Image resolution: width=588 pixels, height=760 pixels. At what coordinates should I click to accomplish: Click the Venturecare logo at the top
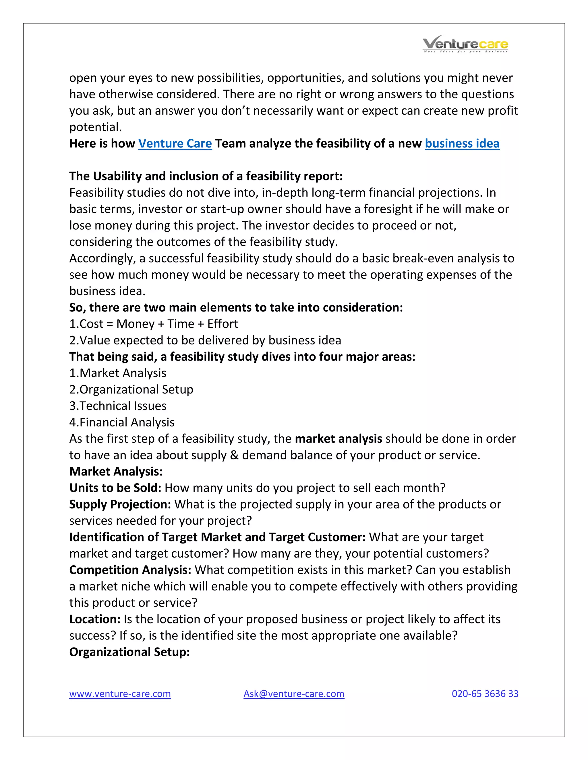[x=465, y=44]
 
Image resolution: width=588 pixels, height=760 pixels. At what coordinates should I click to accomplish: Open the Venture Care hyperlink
[x=175, y=143]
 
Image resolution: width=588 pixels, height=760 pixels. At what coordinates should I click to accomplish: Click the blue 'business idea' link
[x=462, y=143]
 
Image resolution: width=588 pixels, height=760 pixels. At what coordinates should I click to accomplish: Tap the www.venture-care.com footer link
[x=120, y=693]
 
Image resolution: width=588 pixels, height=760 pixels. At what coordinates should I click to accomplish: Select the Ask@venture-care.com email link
[x=294, y=693]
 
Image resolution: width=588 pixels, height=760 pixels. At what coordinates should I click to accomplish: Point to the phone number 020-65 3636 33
[x=485, y=693]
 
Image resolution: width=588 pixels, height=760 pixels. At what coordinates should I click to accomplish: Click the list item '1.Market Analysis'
[x=118, y=373]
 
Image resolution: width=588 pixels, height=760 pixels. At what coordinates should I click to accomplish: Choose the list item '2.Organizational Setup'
[x=131, y=389]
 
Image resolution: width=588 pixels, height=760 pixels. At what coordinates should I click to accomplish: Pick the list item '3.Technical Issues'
[x=118, y=406]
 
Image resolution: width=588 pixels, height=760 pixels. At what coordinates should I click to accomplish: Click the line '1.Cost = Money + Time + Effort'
[x=154, y=324]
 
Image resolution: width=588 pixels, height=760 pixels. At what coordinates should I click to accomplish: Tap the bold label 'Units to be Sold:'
[x=115, y=488]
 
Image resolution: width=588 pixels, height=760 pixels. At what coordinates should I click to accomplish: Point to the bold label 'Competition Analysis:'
[x=130, y=570]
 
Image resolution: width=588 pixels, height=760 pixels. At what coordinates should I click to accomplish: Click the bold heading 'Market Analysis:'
[x=116, y=471]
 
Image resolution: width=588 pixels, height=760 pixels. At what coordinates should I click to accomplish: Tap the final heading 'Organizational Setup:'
[x=129, y=651]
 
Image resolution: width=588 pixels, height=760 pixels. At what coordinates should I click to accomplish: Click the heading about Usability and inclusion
[x=206, y=176]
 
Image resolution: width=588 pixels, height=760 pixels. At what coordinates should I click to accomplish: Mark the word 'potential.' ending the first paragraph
[x=95, y=127]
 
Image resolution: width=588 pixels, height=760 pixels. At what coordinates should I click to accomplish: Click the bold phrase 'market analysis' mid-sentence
[x=338, y=439]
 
